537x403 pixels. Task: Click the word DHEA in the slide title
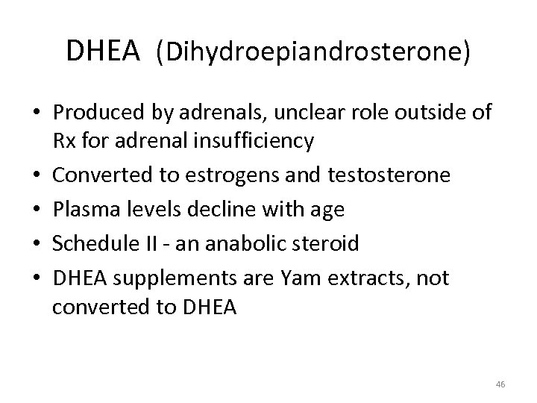pyautogui.click(x=103, y=51)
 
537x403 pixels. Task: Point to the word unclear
pyautogui.click(x=331, y=113)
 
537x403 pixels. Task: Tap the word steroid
pyautogui.click(x=331, y=243)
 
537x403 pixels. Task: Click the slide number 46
pyautogui.click(x=500, y=384)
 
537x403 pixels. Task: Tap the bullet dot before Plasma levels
pyautogui.click(x=37, y=210)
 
